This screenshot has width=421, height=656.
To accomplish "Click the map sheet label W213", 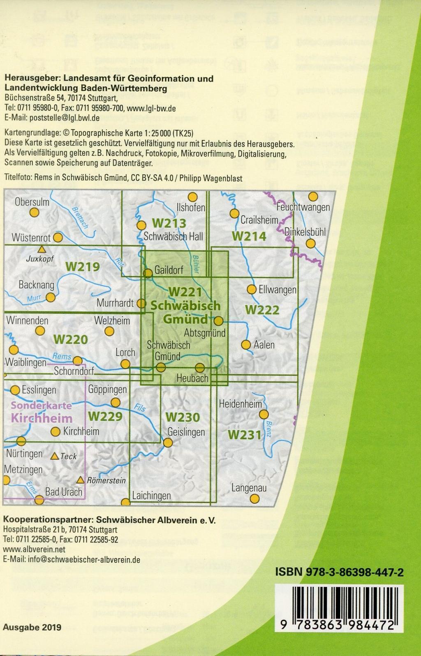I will coord(169,223).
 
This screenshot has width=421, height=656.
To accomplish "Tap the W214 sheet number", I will coord(249,236).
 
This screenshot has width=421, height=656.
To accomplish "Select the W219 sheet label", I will coord(82,267).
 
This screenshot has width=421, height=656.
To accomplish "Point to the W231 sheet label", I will coord(245,434).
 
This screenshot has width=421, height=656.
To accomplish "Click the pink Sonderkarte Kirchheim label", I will coord(42,412).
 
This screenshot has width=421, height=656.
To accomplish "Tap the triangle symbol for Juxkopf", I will coord(41,249).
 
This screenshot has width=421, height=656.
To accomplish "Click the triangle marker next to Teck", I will coord(54,456).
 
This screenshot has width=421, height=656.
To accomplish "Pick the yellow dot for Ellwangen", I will coord(251,290).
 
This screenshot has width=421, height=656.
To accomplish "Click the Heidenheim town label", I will coord(240,404).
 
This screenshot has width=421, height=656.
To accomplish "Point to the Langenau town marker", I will coord(254,498).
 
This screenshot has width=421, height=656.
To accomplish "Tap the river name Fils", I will coord(140,408).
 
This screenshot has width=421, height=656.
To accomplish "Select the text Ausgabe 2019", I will coord(32,627).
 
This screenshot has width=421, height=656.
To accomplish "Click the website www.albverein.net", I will coord(34,549).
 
